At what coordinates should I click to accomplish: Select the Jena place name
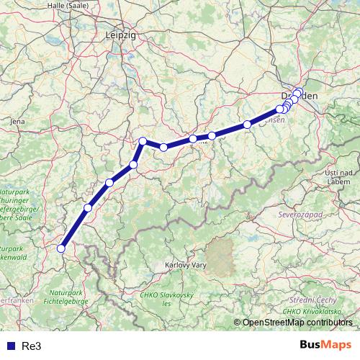pos(18,122)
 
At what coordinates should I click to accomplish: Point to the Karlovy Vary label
pos(187,265)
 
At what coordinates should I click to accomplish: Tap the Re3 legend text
pos(31,346)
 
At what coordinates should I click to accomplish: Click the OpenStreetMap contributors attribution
pos(297,323)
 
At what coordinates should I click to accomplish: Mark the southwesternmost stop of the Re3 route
pos(61,248)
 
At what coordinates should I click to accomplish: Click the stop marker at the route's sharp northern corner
pos(143,141)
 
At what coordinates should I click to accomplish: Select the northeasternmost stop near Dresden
pos(300,91)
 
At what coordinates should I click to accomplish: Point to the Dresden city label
pos(300,96)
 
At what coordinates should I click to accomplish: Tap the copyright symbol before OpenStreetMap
pos(238,323)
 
